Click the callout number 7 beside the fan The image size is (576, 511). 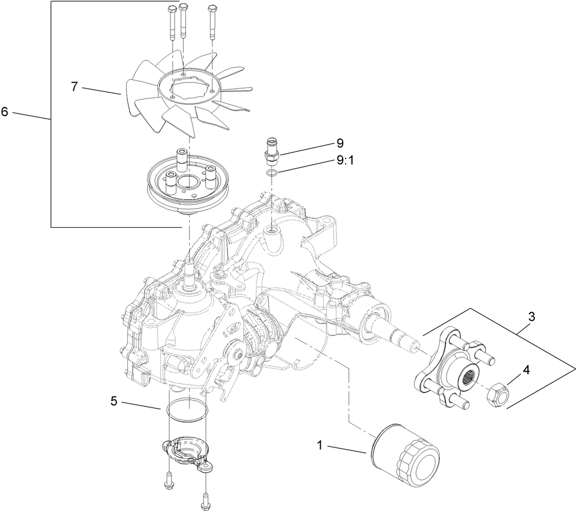coord(74,87)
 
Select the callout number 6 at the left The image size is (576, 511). coord(5,112)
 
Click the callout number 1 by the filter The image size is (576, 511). coord(319,445)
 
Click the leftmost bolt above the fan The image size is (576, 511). coord(171,23)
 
